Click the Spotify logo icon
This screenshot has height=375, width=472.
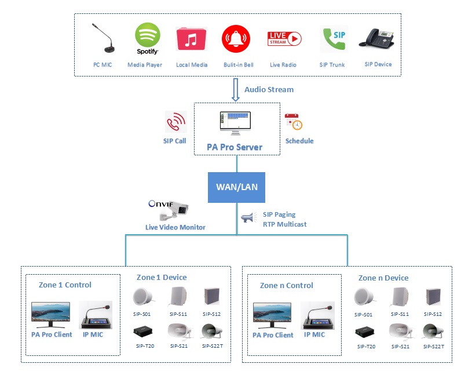[148, 37]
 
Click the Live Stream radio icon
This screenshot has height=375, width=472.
[284, 39]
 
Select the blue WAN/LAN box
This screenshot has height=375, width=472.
[237, 187]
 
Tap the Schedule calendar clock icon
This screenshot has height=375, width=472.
[294, 122]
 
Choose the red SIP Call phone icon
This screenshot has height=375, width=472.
[175, 122]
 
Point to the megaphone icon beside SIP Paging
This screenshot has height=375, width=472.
[247, 218]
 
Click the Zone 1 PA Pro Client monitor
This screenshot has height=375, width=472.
[50, 315]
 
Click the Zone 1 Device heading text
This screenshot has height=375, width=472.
[161, 277]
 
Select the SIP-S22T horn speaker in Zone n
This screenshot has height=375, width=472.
[433, 332]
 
